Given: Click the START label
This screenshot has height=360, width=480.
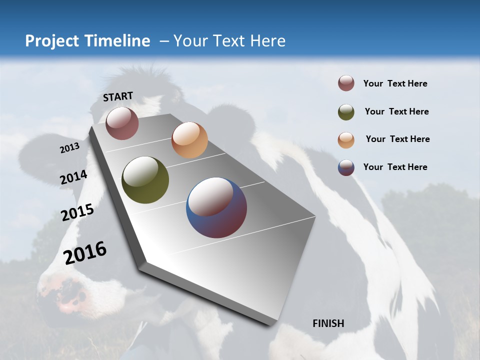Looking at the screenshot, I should tap(118, 96).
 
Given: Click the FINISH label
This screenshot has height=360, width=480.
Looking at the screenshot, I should tap(328, 323).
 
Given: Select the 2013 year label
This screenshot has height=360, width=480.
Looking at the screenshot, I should tap(69, 148).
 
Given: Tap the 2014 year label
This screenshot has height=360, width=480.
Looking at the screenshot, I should tap(73, 177).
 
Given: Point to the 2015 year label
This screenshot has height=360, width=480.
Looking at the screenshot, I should tap(77, 212).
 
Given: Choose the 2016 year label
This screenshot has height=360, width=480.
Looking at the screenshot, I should tap(85, 252).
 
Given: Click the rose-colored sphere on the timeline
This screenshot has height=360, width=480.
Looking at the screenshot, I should tap(122, 123).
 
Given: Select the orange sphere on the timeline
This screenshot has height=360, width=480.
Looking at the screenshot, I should tap(189, 140).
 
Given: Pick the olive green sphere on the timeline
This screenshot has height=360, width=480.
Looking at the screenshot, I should tap(145, 180).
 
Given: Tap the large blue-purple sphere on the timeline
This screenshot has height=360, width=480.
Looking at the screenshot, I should tap(216, 207).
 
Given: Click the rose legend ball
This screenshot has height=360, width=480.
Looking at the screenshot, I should tap(346, 83).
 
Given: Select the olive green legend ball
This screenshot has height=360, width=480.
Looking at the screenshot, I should tap(346, 111).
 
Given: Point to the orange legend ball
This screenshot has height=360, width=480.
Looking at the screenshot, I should tap(346, 139).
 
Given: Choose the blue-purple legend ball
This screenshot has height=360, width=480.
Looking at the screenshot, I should tap(346, 167).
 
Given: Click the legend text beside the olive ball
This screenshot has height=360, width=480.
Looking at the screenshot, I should tap(396, 111).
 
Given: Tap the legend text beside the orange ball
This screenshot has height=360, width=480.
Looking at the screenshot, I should tap(397, 139).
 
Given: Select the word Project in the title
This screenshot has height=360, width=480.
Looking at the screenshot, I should tap(51, 41).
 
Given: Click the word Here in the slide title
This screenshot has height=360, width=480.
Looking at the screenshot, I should tap(267, 41).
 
